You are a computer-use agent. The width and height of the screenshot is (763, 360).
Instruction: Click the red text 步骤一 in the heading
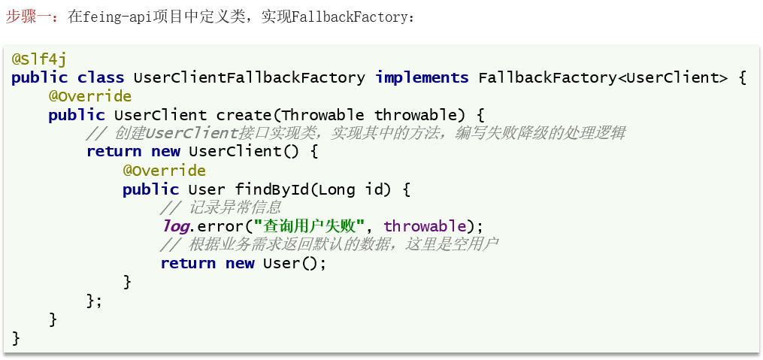pos(31,17)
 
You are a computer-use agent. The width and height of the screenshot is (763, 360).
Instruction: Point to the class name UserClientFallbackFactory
pos(249,77)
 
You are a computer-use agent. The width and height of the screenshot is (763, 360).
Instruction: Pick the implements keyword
pos(422,77)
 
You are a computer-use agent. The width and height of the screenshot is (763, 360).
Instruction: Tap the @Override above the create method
pos(90,96)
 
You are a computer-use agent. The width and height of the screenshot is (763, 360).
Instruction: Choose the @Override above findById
pos(164,171)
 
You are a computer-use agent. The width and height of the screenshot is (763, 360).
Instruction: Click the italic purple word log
pos(174,226)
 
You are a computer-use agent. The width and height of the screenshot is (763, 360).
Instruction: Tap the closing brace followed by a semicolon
pos(94,301)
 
